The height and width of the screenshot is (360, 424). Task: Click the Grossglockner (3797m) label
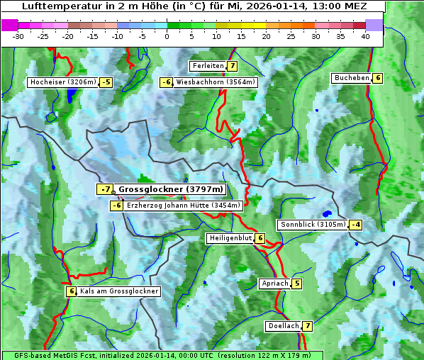click(x=171, y=190)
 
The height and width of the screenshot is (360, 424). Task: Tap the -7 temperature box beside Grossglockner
click(x=105, y=190)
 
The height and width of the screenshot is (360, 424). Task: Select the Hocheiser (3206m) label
click(x=62, y=82)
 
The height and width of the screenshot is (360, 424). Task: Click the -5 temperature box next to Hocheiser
click(x=106, y=82)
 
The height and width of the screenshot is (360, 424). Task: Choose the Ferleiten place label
click(x=208, y=66)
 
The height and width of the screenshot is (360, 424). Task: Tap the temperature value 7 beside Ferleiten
click(x=233, y=66)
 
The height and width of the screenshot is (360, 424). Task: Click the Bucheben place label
click(x=352, y=78)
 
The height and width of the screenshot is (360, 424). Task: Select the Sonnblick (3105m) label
click(x=313, y=225)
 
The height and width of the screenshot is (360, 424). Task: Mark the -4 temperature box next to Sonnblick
click(x=356, y=225)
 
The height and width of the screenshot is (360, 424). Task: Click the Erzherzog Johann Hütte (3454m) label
click(x=184, y=206)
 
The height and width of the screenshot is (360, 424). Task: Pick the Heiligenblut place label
click(x=230, y=238)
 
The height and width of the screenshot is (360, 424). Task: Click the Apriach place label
click(x=274, y=283)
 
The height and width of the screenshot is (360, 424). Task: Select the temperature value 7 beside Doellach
click(x=307, y=326)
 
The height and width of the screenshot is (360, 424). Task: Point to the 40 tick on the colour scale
click(x=365, y=36)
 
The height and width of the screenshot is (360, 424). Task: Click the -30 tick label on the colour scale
click(x=18, y=36)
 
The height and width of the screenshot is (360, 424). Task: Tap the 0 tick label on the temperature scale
click(x=167, y=36)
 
